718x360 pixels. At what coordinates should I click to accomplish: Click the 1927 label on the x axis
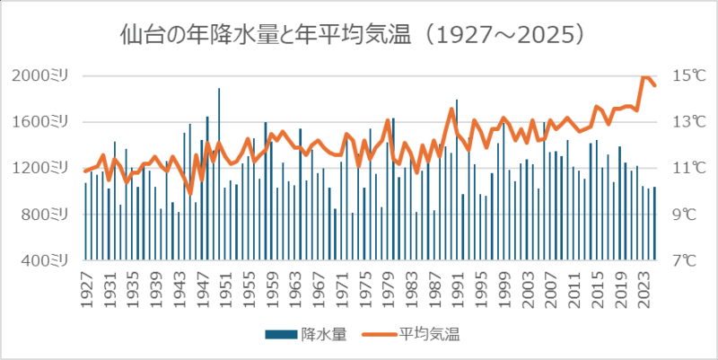tap(86, 288)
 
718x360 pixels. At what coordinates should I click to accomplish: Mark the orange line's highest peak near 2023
tap(644, 77)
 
